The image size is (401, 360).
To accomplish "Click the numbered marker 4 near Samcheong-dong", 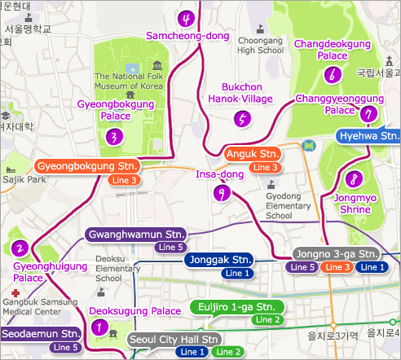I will point(188,19).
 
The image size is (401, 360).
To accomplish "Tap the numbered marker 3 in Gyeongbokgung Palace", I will point(114,136).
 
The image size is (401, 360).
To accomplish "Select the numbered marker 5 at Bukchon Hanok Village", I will point(241,119).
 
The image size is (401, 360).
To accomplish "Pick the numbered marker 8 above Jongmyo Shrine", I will point(353,178).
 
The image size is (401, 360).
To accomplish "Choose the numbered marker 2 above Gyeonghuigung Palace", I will point(21,248).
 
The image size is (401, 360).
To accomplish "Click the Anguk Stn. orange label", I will point(252,154).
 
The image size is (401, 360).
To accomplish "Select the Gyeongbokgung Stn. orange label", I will point(88,165).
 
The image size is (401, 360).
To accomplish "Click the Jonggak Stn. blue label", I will point(219,260).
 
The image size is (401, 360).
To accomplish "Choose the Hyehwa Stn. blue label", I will point(369,136).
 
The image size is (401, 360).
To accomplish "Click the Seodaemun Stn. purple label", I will point(40,334).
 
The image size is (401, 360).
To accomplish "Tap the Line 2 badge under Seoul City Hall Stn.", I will point(227,352).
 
